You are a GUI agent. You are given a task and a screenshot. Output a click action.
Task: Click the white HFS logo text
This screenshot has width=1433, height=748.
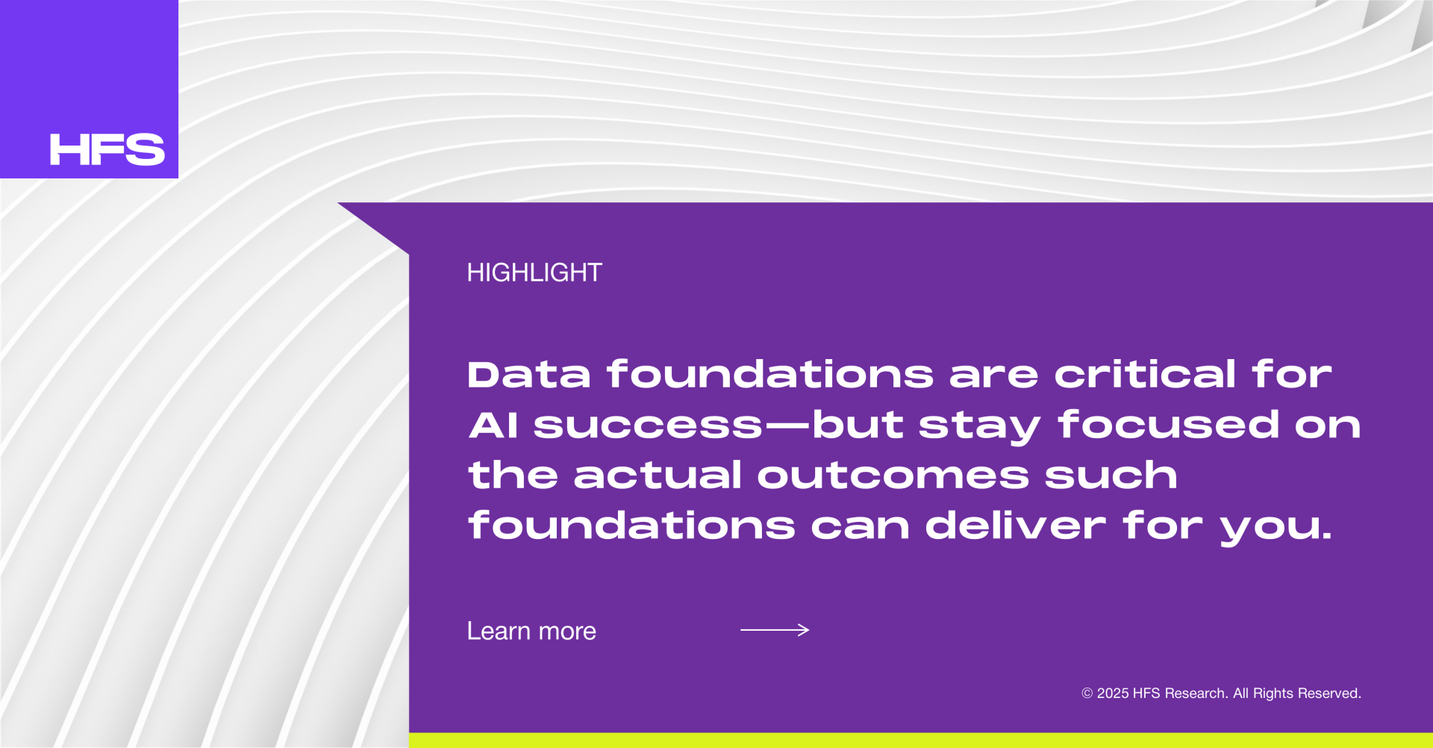click(x=107, y=149)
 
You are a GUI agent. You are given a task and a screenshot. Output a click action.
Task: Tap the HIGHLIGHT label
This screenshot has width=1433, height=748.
click(x=534, y=272)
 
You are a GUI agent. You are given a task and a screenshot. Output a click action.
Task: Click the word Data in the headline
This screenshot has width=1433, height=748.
click(x=529, y=374)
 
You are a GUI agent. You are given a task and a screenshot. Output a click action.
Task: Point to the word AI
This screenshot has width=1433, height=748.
click(x=493, y=426)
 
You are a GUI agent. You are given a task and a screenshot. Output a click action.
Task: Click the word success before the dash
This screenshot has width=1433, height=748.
click(x=649, y=426)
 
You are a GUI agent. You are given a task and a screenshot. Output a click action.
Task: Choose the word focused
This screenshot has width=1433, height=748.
click(x=1169, y=424)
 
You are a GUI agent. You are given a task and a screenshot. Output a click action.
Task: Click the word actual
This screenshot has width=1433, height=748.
click(x=658, y=475)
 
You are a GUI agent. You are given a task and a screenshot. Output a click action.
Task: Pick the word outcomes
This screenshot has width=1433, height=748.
click(x=893, y=476)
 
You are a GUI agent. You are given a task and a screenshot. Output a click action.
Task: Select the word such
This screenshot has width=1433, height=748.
click(x=1111, y=475)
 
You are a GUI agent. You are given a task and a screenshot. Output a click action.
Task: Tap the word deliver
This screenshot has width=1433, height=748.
click(x=1016, y=525)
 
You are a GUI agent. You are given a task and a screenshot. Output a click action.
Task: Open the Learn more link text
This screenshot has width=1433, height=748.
click(x=531, y=631)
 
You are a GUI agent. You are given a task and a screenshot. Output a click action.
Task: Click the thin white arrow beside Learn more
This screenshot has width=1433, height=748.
click(x=775, y=630)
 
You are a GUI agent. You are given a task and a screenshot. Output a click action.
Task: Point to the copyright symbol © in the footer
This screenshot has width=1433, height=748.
click(x=1087, y=694)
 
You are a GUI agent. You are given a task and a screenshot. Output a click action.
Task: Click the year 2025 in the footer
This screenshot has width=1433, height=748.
click(x=1113, y=694)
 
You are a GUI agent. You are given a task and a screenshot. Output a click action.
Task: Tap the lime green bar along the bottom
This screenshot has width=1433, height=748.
click(x=921, y=740)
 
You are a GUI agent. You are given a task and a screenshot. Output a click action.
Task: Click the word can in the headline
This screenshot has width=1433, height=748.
click(x=861, y=526)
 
